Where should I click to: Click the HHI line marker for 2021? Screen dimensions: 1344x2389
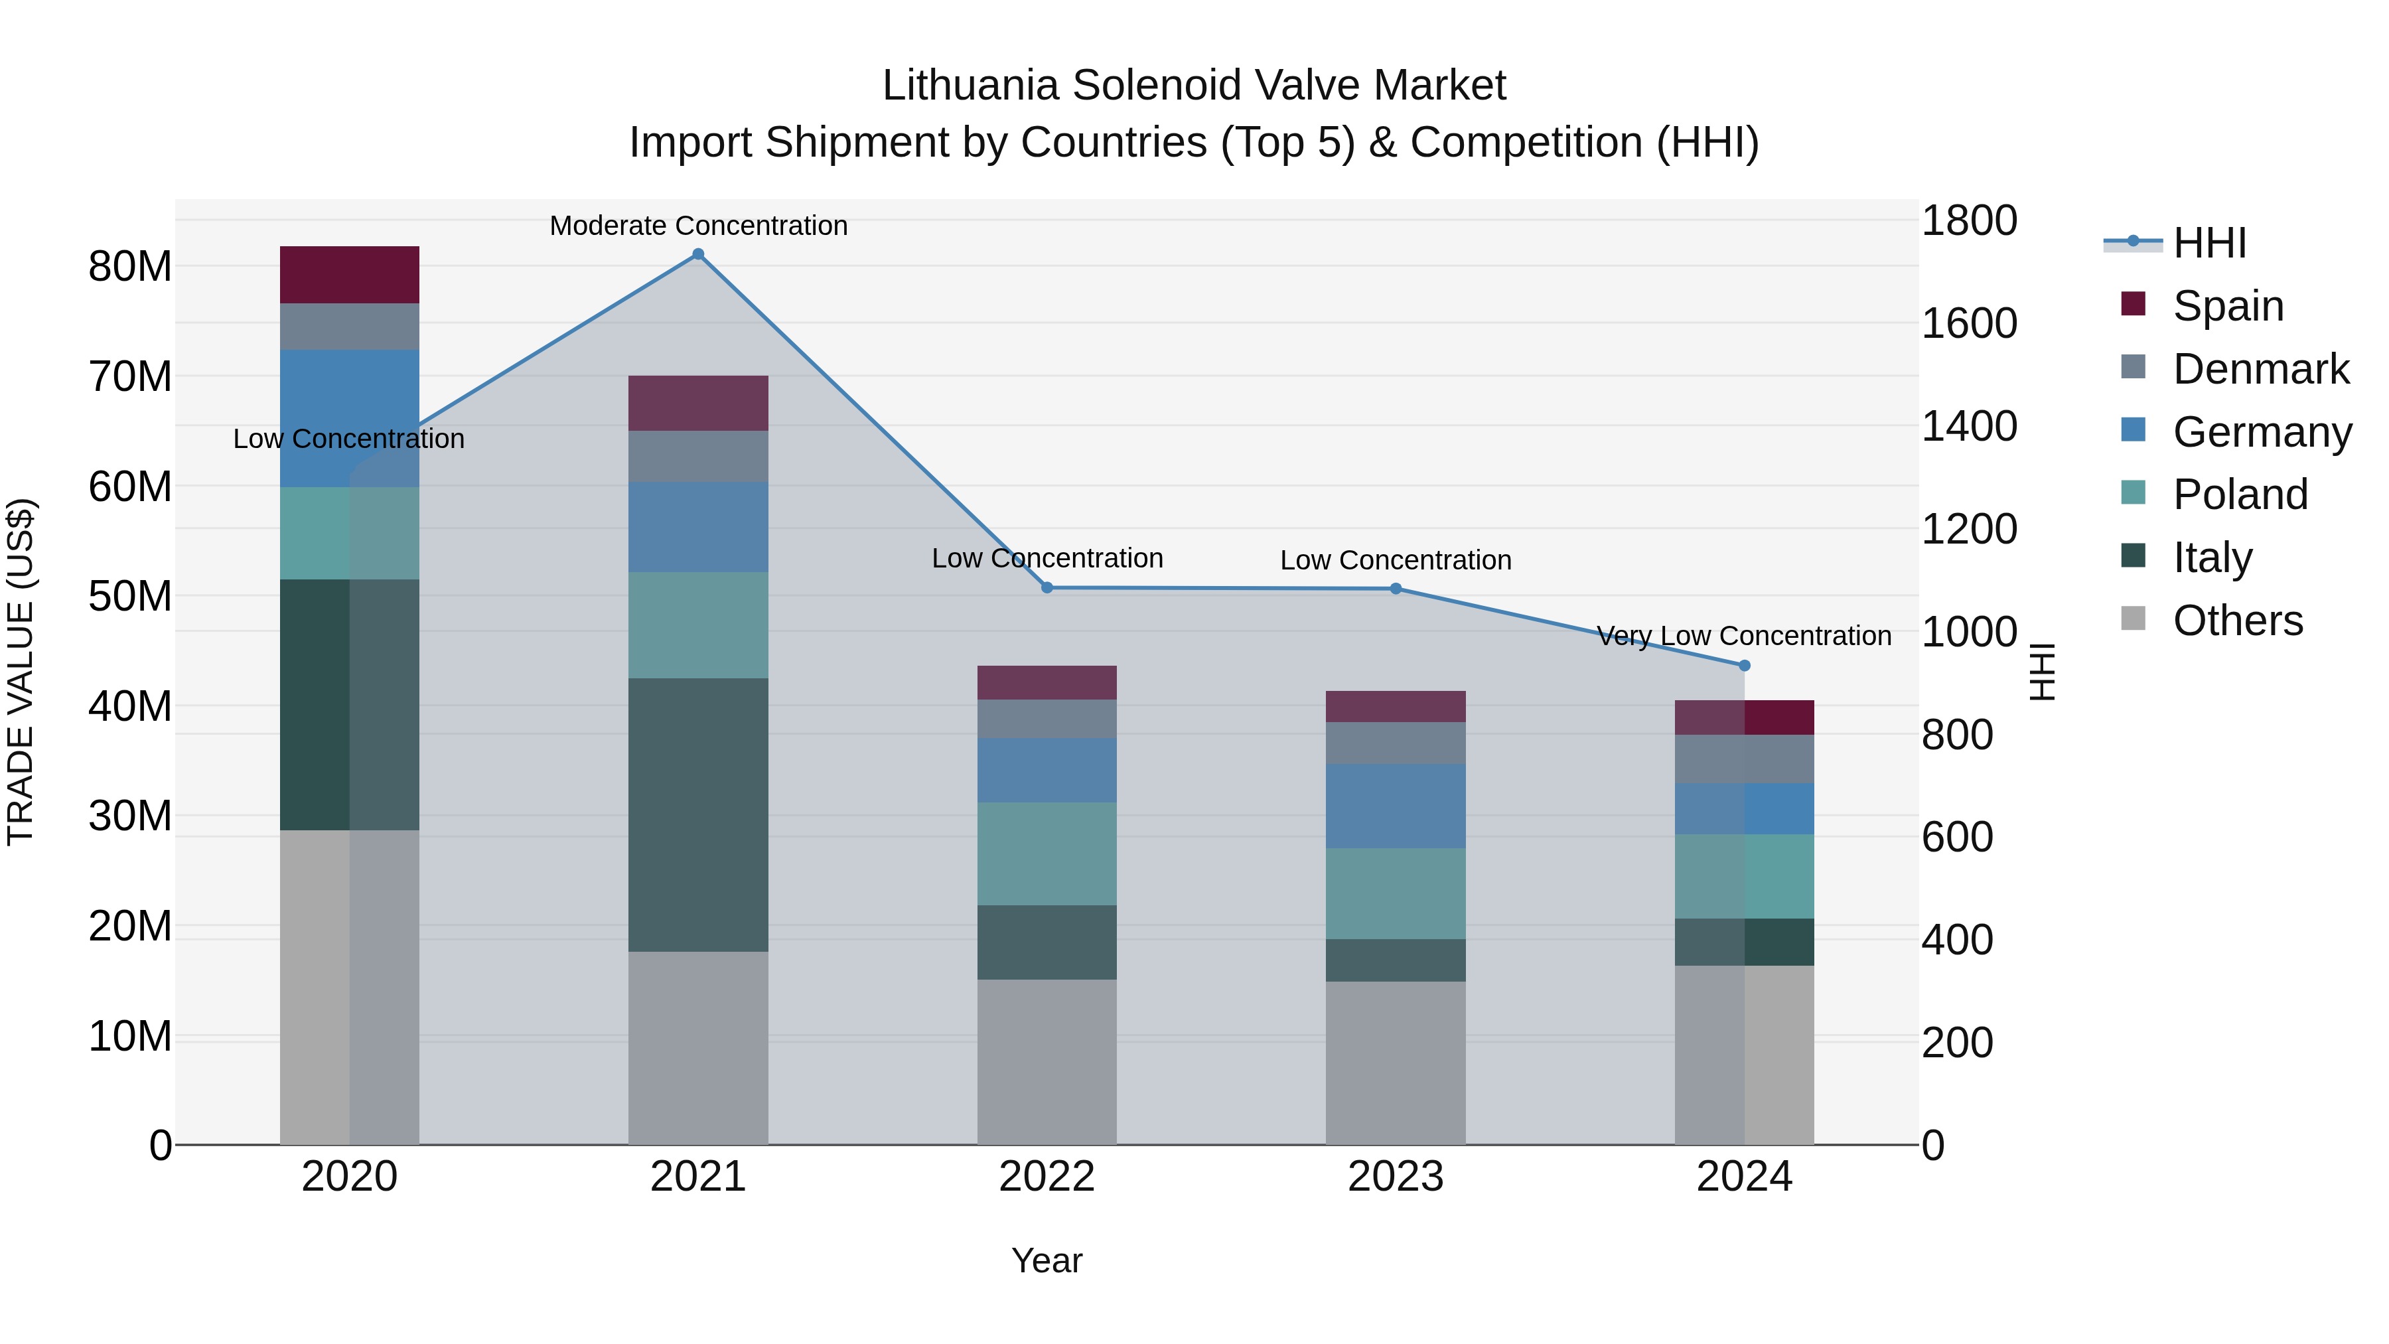click(698, 254)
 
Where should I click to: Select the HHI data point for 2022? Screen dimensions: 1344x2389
click(1047, 587)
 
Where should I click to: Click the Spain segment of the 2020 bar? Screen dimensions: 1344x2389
click(350, 275)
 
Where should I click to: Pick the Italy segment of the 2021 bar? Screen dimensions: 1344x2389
click(698, 814)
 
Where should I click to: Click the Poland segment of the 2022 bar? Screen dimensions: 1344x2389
click(1047, 854)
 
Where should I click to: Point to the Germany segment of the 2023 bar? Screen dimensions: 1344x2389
click(1395, 805)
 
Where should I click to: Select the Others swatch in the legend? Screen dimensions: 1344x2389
click(2133, 619)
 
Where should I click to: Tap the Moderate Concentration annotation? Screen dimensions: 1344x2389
click(698, 226)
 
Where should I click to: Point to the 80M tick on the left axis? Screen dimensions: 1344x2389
click(130, 266)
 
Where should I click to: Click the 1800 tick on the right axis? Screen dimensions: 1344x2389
click(1968, 221)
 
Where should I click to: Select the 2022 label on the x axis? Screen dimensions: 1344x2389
click(1047, 1176)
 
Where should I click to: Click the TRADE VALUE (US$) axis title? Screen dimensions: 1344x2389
click(21, 672)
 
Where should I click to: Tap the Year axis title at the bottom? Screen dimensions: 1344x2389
click(1047, 1260)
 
